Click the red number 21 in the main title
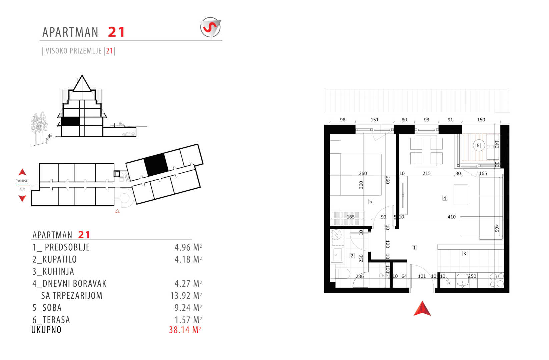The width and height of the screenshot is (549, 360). (116, 32)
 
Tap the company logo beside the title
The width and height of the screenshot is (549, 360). (210, 27)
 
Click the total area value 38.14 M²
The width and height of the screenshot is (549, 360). (185, 330)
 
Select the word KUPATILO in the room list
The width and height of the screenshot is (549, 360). (60, 259)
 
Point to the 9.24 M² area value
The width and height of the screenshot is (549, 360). (188, 308)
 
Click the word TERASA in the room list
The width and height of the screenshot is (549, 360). (56, 320)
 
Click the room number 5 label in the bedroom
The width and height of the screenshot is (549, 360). (371, 202)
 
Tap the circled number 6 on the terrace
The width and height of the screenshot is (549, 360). (478, 145)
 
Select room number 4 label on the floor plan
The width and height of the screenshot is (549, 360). (445, 198)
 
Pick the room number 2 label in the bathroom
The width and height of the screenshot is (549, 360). (352, 256)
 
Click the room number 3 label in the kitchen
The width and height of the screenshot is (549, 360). (464, 254)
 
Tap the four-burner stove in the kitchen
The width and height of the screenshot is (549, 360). (497, 280)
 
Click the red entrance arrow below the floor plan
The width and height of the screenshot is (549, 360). (422, 308)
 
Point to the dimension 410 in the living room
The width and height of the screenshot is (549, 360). (452, 217)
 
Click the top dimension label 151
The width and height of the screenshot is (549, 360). (375, 120)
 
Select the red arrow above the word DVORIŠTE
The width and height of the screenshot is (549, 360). (22, 172)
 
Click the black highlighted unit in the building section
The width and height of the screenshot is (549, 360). (70, 121)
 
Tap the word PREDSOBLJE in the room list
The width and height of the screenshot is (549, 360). (67, 247)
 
